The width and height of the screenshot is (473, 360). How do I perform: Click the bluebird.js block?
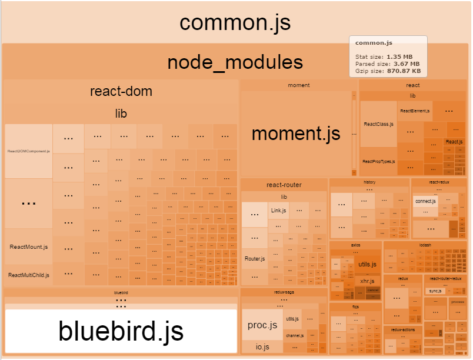tap(121, 331)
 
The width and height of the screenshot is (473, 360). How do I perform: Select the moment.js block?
tap(296, 134)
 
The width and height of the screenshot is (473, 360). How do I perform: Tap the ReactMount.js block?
tap(29, 246)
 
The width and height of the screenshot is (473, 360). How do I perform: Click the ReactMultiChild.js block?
tap(29, 275)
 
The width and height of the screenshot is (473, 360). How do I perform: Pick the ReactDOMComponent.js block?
tap(29, 151)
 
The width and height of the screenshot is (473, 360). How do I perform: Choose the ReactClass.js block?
tap(378, 124)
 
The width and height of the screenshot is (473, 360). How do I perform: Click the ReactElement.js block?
tap(415, 111)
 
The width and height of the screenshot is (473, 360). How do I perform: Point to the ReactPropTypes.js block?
tap(378, 161)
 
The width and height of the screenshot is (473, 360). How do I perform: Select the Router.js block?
tap(254, 258)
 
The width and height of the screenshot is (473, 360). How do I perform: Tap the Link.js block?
tap(278, 210)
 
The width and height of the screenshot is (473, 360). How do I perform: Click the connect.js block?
tap(425, 201)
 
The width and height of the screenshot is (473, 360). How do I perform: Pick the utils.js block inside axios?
tap(367, 264)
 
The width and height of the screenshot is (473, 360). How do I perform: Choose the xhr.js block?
tap(367, 281)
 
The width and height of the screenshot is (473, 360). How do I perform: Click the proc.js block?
tap(262, 325)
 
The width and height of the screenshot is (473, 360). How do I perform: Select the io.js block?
tap(262, 347)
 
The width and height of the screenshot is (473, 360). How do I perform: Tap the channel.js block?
tap(294, 335)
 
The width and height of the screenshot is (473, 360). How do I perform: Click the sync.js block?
tap(435, 291)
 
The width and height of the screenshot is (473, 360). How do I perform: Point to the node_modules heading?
tap(235, 62)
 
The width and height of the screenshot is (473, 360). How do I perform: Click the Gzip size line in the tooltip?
tap(387, 71)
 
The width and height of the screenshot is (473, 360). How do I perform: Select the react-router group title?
tap(284, 185)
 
